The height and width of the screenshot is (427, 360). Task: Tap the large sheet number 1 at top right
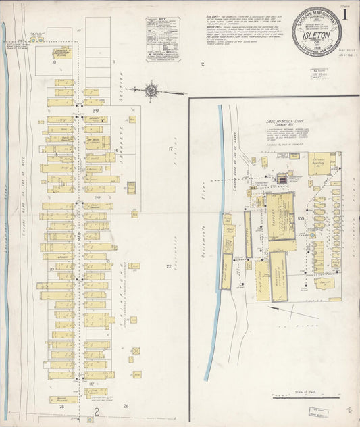tap(344, 13)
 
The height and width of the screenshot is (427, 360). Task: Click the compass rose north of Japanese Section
tap(151, 89)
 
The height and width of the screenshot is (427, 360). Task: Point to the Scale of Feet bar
tap(305, 398)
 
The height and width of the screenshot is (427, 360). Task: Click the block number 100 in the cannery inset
tap(300, 218)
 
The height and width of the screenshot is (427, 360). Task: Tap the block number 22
tap(169, 266)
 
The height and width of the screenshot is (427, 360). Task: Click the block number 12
tap(201, 64)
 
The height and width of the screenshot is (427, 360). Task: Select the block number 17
tap(171, 148)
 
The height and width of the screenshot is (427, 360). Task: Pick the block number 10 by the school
tap(51, 68)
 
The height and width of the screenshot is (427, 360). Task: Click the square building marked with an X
tap(136, 351)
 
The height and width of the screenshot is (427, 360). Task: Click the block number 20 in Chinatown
tap(51, 268)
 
